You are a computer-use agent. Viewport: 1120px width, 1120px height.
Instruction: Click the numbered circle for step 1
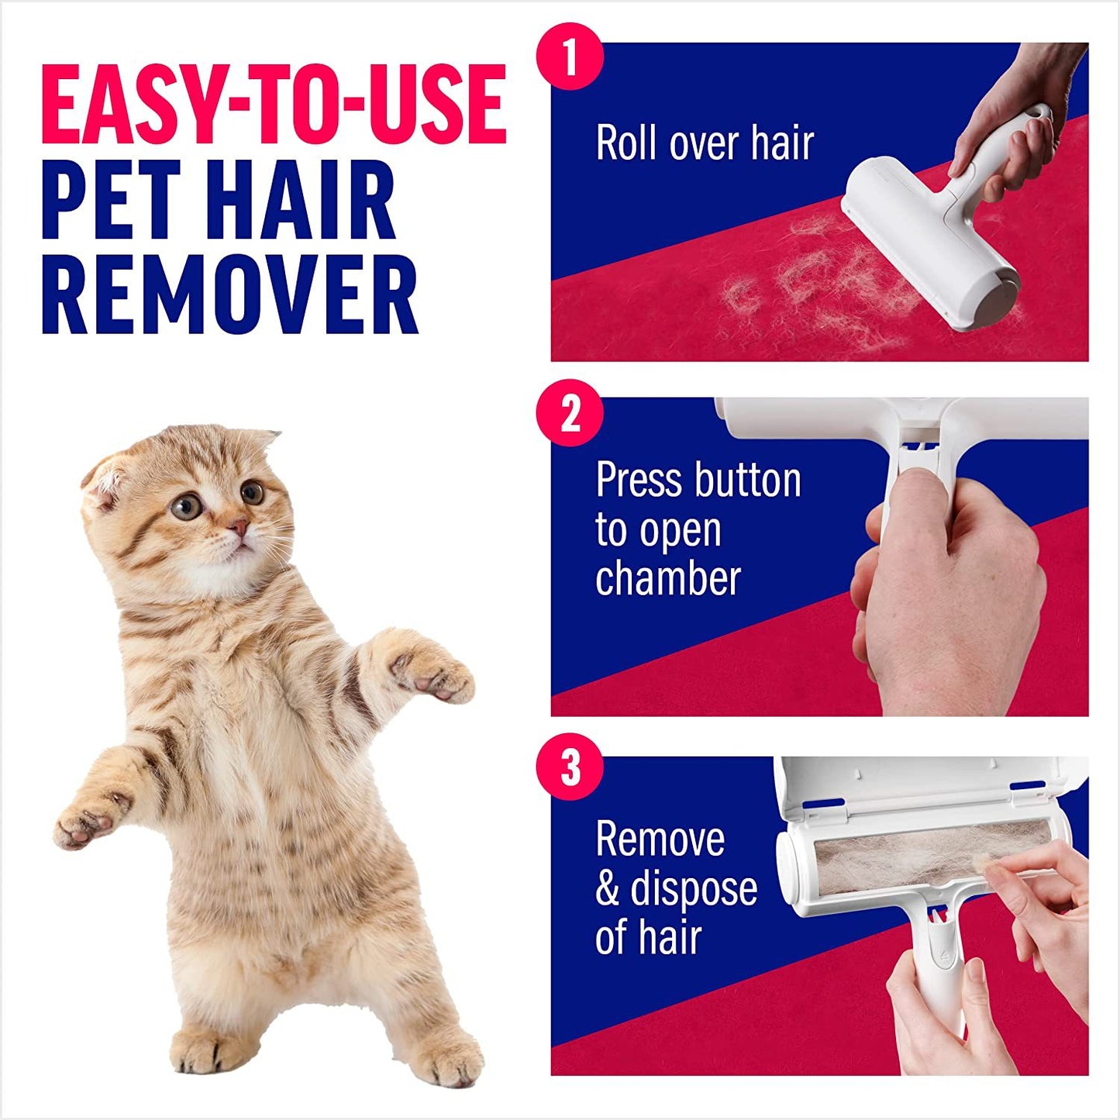point(570,57)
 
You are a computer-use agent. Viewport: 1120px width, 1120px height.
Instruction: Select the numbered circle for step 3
point(570,767)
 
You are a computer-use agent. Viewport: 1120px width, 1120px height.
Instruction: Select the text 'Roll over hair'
point(704,143)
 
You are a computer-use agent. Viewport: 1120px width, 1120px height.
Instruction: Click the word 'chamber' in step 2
point(668,579)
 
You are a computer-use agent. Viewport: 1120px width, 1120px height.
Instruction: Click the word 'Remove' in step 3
point(660,839)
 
